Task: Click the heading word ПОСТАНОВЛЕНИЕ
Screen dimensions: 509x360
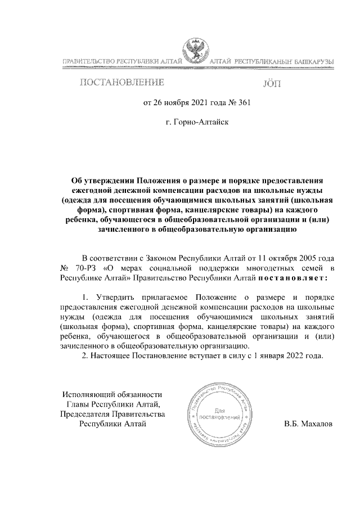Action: (x=123, y=83)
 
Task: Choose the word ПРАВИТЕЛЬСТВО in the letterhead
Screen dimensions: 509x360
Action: (x=87, y=61)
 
